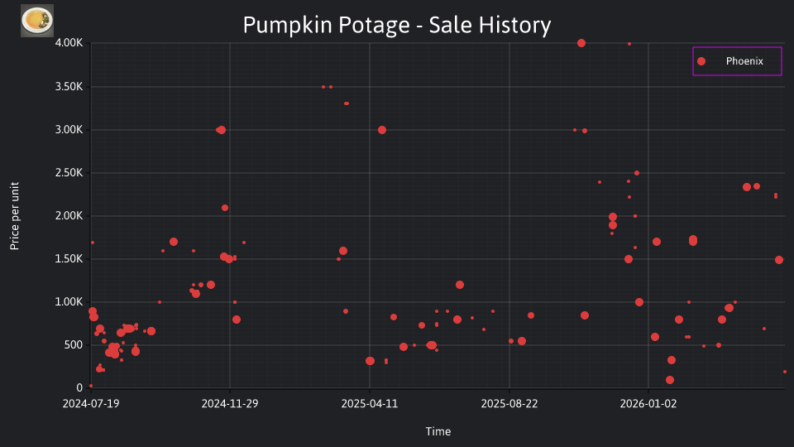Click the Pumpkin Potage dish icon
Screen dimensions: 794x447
pyautogui.click(x=37, y=21)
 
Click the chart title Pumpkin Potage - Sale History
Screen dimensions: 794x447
pyautogui.click(x=396, y=25)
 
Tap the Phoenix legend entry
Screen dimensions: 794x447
pyautogui.click(x=737, y=61)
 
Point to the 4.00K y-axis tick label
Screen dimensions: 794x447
pyautogui.click(x=69, y=43)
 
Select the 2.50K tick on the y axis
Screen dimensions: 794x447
pyautogui.click(x=69, y=173)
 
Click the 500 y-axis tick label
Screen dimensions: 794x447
pyautogui.click(x=73, y=345)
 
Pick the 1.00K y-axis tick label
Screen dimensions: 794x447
pyautogui.click(x=69, y=302)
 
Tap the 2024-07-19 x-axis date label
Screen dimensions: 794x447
pyautogui.click(x=91, y=404)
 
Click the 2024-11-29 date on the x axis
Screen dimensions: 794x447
pyautogui.click(x=230, y=404)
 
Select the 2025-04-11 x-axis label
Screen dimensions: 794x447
pyautogui.click(x=370, y=404)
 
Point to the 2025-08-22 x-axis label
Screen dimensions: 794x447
pyautogui.click(x=509, y=404)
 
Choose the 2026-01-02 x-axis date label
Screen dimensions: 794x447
pyautogui.click(x=648, y=404)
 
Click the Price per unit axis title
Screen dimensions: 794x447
pyautogui.click(x=15, y=216)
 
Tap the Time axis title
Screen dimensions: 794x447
pyautogui.click(x=438, y=432)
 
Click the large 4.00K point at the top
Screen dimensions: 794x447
pyautogui.click(x=581, y=43)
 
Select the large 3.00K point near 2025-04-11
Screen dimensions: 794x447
pyautogui.click(x=382, y=130)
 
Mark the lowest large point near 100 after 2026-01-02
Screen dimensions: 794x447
pyautogui.click(x=670, y=380)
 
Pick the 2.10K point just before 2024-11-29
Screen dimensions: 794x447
pyautogui.click(x=225, y=208)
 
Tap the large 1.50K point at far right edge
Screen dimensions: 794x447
pyautogui.click(x=779, y=260)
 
